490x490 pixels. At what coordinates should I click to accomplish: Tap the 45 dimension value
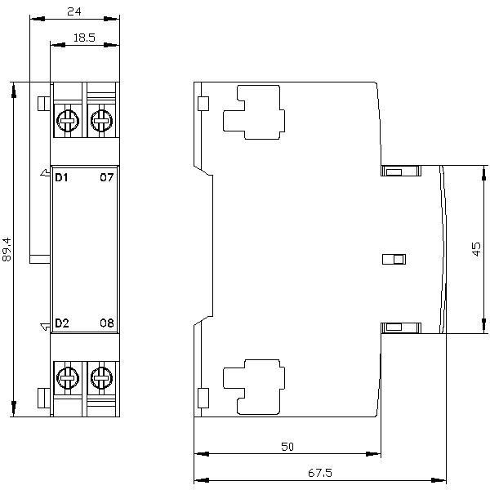[477, 249]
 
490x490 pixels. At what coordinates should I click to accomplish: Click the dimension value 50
[287, 446]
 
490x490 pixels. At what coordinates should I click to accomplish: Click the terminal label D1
[61, 177]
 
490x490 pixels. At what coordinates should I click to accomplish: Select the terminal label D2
[61, 323]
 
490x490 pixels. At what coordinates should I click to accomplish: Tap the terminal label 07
[106, 177]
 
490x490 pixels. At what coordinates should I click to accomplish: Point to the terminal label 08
[106, 323]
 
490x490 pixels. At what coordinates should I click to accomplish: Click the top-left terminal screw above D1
[66, 122]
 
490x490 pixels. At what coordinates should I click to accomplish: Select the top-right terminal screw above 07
[101, 122]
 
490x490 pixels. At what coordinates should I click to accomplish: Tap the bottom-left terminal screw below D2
[66, 377]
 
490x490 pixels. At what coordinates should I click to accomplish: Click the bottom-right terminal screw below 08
[101, 377]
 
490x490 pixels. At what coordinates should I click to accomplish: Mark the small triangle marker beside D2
[46, 327]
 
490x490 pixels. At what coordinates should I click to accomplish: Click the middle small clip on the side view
[394, 260]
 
